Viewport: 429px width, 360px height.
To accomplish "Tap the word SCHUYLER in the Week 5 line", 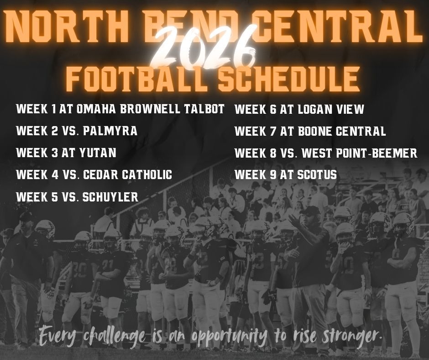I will point(111,197).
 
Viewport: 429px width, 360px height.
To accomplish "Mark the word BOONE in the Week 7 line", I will point(315,132).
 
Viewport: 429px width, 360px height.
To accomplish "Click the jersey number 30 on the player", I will point(78,271).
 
